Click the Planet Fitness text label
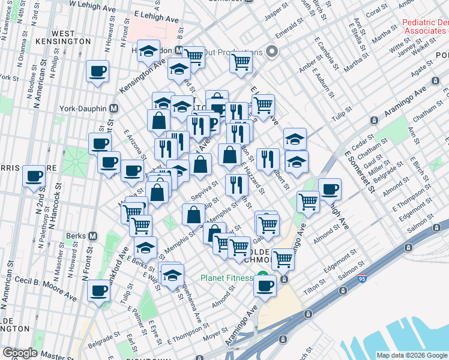[228, 278]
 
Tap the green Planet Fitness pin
[262, 277]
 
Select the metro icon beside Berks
[92, 236]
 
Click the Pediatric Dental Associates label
[425, 27]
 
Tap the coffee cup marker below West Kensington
[97, 72]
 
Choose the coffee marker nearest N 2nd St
[34, 176]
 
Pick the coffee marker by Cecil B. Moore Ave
[99, 290]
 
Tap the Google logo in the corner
[19, 353]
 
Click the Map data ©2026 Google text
[412, 355]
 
